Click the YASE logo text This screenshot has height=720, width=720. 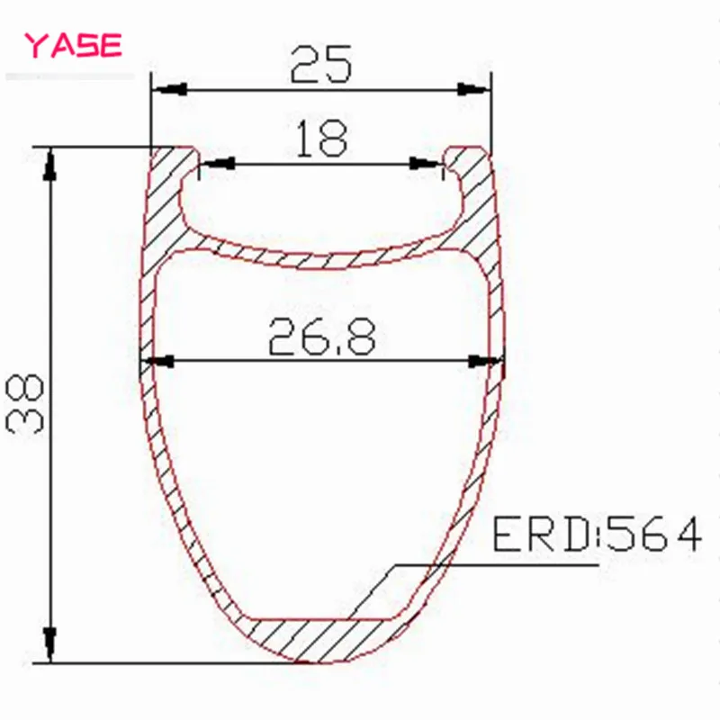73,45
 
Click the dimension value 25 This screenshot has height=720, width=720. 321,64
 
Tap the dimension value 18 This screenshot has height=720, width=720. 321,138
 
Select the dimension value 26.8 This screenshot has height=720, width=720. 321,337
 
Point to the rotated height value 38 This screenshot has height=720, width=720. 25,403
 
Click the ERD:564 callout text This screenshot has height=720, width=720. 597,534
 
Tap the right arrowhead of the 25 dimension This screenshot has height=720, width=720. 474,89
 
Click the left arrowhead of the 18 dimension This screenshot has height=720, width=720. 218,163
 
